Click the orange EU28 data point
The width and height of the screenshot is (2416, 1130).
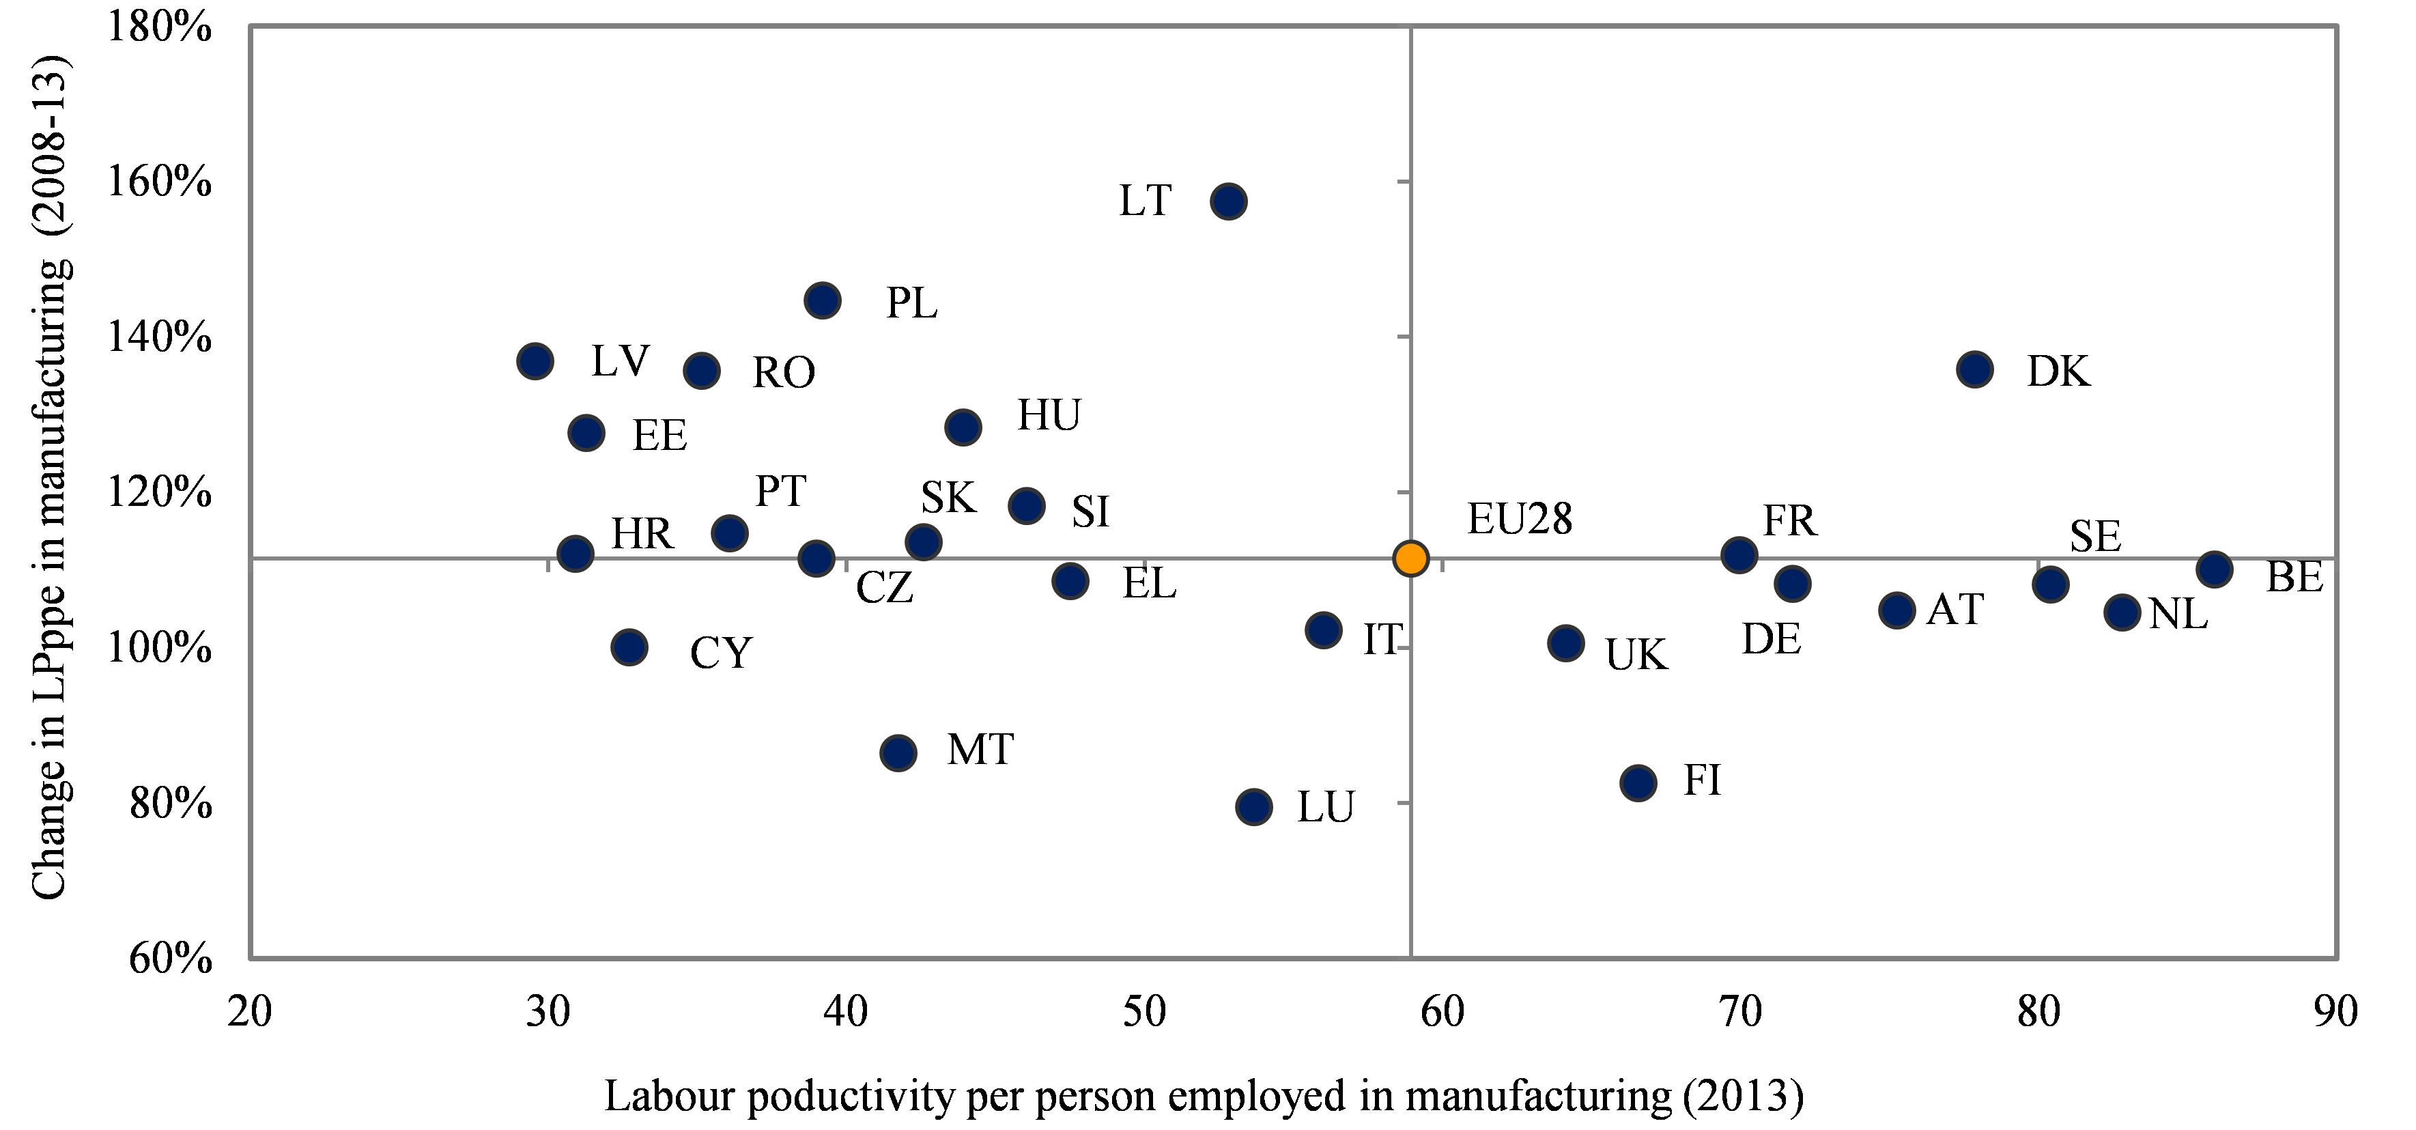click(1410, 558)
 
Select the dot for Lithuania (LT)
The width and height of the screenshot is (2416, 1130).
click(1229, 201)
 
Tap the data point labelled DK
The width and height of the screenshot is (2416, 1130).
click(1974, 369)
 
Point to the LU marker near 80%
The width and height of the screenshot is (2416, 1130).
click(1254, 806)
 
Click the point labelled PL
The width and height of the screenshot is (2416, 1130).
click(823, 300)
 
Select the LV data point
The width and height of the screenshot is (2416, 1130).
click(535, 361)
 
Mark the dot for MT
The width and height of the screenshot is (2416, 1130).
click(898, 752)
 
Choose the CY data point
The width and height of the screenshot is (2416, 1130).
click(629, 647)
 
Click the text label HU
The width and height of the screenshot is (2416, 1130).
click(1049, 415)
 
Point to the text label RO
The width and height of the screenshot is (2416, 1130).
click(784, 373)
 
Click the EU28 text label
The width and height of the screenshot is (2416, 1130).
click(1520, 520)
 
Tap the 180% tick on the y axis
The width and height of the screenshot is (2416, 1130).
click(160, 26)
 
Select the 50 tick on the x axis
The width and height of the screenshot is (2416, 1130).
click(1144, 1013)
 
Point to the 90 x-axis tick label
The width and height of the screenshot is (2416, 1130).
click(2335, 1013)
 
